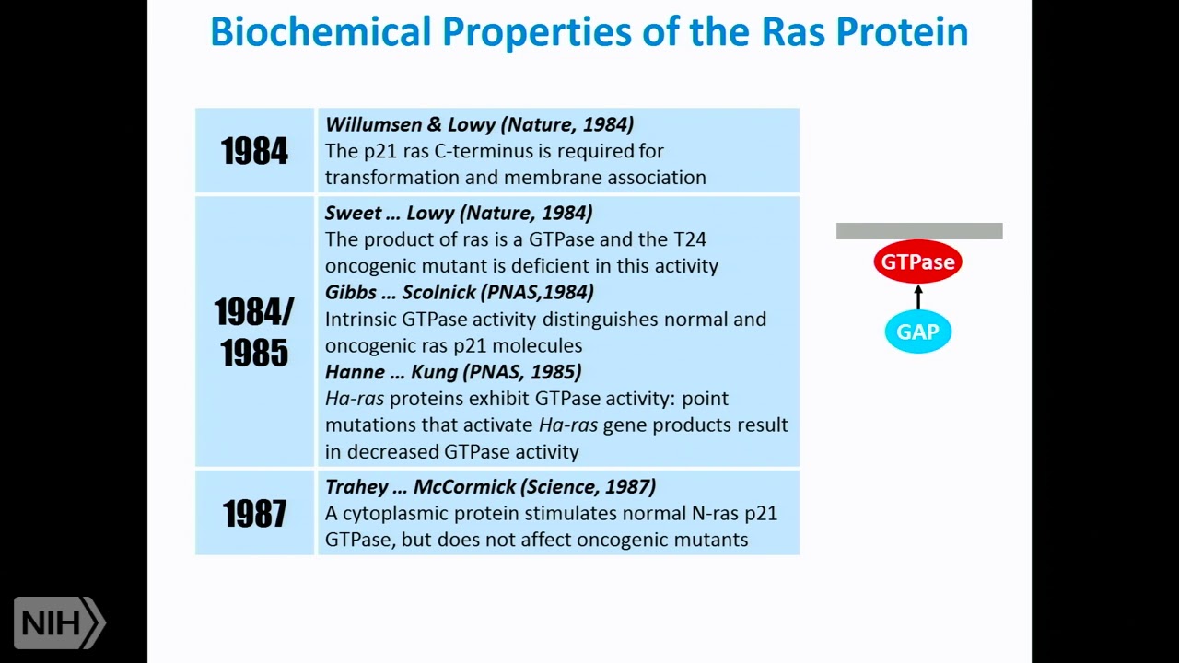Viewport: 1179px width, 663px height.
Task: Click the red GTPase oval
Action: (917, 262)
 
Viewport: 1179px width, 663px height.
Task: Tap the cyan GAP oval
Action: (917, 331)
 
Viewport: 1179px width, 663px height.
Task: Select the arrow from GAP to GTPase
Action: (917, 297)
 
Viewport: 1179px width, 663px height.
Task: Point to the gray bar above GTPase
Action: (918, 231)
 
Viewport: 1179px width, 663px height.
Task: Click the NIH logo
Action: (59, 623)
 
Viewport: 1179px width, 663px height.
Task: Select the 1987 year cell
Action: (254, 513)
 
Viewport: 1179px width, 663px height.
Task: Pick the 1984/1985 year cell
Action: (254, 331)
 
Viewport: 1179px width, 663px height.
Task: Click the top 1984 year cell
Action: (254, 151)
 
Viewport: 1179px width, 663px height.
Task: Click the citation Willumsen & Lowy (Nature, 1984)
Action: (479, 124)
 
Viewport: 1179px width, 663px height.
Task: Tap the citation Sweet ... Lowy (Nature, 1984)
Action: (459, 213)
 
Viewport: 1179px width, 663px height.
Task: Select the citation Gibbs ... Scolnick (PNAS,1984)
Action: (459, 292)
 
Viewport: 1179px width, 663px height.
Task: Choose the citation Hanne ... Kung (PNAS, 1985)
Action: (453, 372)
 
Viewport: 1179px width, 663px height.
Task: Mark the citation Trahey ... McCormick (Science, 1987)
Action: (490, 487)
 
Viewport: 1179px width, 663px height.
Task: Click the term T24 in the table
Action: (688, 239)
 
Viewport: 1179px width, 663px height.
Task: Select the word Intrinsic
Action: (360, 320)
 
